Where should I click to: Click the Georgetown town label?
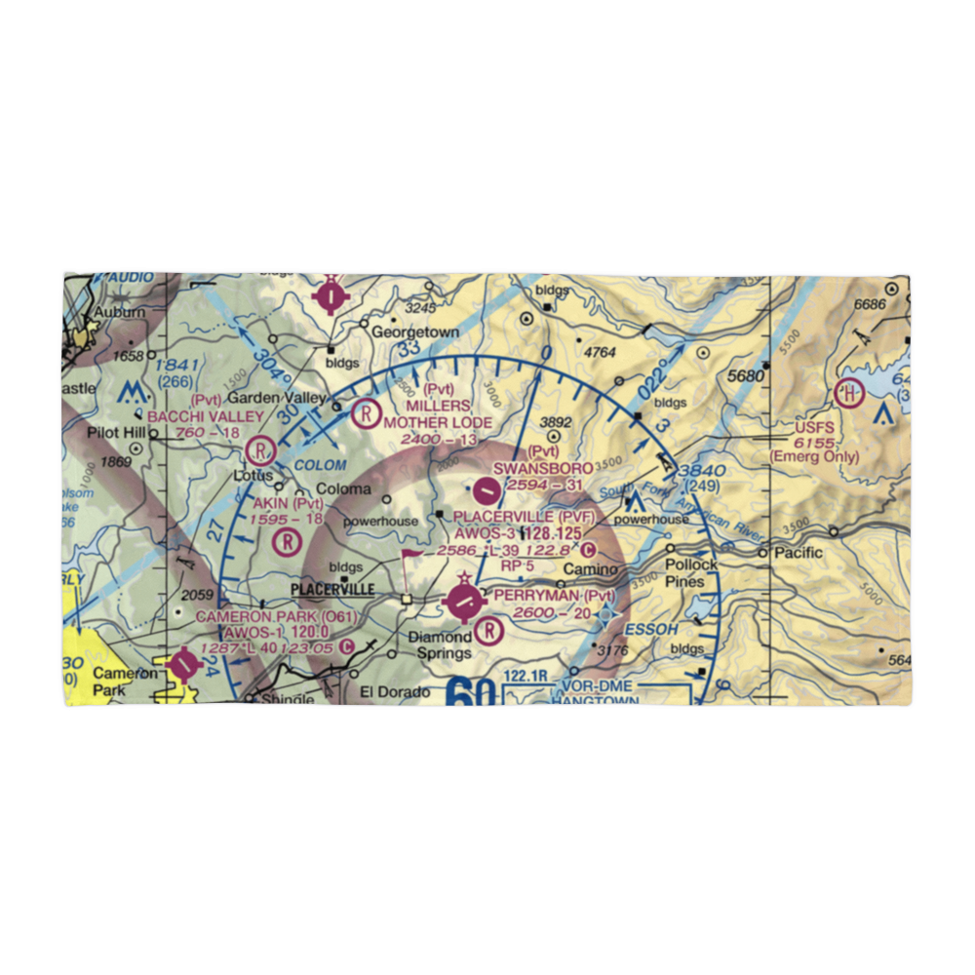[x=415, y=331]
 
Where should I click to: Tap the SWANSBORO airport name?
[x=542, y=469]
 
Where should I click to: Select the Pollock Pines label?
[x=690, y=573]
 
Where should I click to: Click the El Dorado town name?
[x=395, y=692]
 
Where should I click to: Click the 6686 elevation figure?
[x=869, y=305]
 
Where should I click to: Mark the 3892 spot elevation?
[x=556, y=422]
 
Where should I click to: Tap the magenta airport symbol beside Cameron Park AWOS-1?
[x=182, y=665]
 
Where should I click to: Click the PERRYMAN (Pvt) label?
[x=555, y=595]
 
